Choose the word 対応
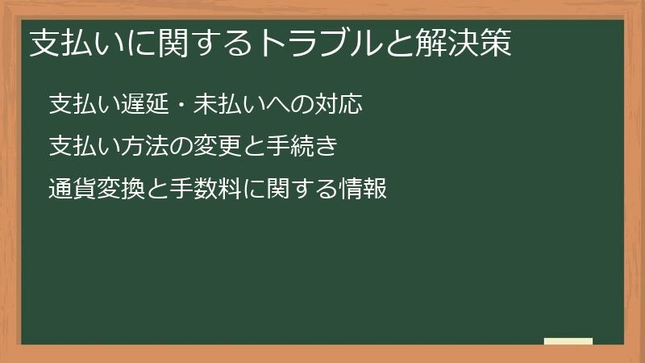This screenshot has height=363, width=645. click(x=342, y=104)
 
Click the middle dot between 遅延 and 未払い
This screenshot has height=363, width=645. click(x=175, y=104)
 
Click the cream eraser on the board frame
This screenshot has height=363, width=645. click(x=568, y=341)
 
